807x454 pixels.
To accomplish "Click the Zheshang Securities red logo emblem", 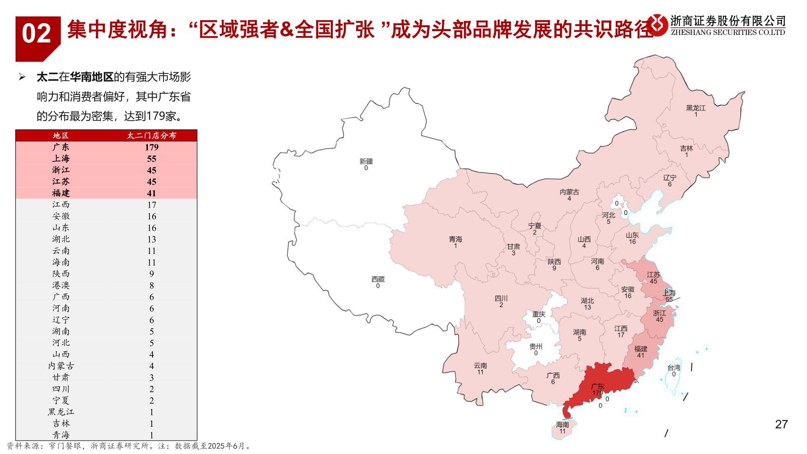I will pos(657,25).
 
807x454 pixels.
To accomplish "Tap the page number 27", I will pos(781,424).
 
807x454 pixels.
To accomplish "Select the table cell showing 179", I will pos(151,147).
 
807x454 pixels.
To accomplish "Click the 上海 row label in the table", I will pos(61,158).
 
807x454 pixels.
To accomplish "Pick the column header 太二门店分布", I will pos(151,135).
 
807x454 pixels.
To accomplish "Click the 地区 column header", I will pos(61,135).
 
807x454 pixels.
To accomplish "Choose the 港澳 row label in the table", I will pos(61,285).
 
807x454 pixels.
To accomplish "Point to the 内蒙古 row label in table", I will pos(61,366).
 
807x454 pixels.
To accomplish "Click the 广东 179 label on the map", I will pos(598,389).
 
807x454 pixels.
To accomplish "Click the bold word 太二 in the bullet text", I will pos(47,77).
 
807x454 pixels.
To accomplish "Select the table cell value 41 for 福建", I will pos(151,193).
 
